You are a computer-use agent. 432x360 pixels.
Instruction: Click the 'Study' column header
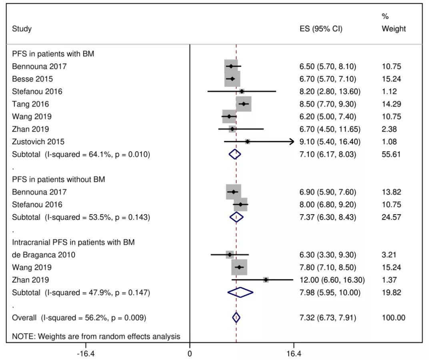click(22, 29)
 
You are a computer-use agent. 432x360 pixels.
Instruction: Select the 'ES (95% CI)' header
click(321, 29)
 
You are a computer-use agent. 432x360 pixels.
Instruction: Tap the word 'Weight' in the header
click(394, 29)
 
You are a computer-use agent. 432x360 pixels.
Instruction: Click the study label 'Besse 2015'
click(32, 79)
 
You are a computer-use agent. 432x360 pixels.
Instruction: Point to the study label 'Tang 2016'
click(30, 104)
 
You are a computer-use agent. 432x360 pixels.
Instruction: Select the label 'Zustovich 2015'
click(38, 142)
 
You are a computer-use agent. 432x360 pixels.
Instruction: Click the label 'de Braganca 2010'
click(44, 255)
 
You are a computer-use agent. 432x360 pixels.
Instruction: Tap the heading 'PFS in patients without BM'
click(58, 179)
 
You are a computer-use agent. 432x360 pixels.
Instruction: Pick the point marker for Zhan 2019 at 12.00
click(266, 280)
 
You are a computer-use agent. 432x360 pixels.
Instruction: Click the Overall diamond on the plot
click(236, 318)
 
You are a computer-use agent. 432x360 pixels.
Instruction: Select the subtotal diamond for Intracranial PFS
click(240, 293)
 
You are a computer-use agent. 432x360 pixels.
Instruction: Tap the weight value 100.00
click(393, 318)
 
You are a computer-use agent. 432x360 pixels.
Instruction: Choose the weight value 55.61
click(391, 154)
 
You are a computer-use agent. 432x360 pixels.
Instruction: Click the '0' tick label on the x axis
click(190, 354)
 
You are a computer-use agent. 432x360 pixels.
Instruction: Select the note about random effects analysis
click(96, 337)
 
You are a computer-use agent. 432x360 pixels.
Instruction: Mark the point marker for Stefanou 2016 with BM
click(242, 91)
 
